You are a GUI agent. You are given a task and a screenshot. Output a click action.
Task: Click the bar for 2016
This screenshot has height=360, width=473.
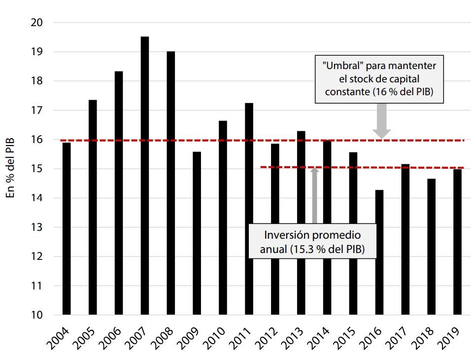(379, 252)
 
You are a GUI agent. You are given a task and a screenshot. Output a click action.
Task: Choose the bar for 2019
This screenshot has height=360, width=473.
(458, 242)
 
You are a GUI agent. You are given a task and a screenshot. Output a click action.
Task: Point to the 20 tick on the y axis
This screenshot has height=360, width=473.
(37, 23)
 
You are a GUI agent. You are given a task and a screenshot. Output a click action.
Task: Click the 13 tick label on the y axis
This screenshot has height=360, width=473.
(37, 227)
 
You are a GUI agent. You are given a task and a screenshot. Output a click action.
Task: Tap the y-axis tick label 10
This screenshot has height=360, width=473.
(37, 315)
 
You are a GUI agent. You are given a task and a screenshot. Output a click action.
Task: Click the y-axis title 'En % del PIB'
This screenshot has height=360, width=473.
(11, 168)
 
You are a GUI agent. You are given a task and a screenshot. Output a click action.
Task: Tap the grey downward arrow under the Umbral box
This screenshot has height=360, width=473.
(381, 121)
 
